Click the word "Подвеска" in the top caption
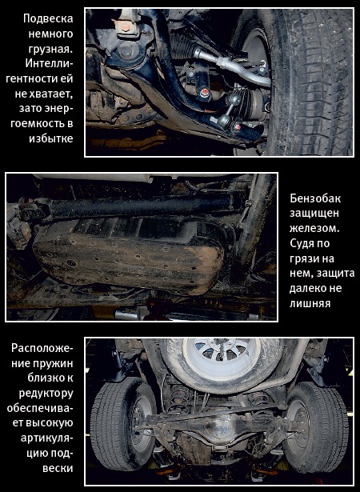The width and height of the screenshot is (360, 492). (48, 18)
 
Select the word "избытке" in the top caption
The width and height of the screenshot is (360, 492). (51, 138)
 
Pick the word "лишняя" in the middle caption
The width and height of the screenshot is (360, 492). (310, 303)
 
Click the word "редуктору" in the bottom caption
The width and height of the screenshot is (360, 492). (46, 394)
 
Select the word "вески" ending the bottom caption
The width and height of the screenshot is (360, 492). (58, 468)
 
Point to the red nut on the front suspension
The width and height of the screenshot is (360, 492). (205, 92)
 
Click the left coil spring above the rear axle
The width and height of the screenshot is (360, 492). (178, 398)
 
